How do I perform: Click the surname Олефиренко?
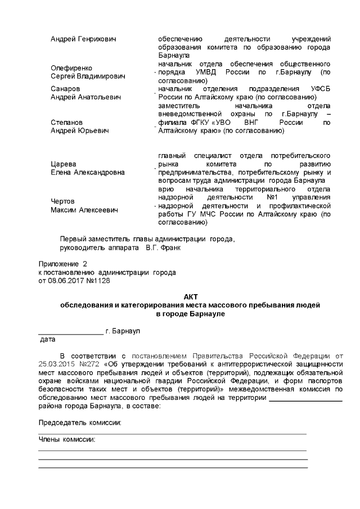tap(71, 67)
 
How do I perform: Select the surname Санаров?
tap(65, 89)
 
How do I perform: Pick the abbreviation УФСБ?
tap(320, 89)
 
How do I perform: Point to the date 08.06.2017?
tap(67, 280)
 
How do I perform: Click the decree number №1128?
tap(98, 280)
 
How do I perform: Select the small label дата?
tap(47, 340)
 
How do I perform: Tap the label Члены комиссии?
tap(66, 439)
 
